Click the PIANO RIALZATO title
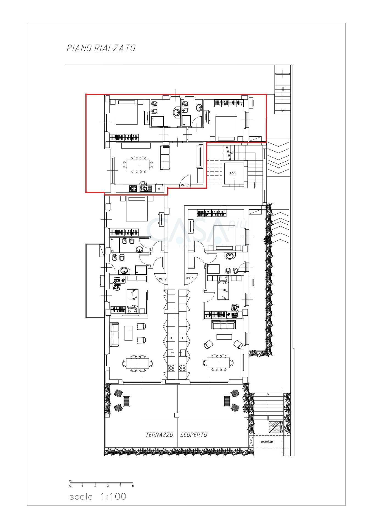click(101, 48)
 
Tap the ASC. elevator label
click(233, 173)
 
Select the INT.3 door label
click(185, 185)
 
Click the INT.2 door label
click(163, 279)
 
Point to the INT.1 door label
click(189, 278)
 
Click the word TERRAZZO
click(159, 435)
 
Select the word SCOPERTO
click(194, 435)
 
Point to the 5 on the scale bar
click(133, 486)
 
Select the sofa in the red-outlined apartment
click(165, 158)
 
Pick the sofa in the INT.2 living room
click(114, 334)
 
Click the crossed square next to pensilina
click(275, 427)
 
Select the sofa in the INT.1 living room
click(223, 325)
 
